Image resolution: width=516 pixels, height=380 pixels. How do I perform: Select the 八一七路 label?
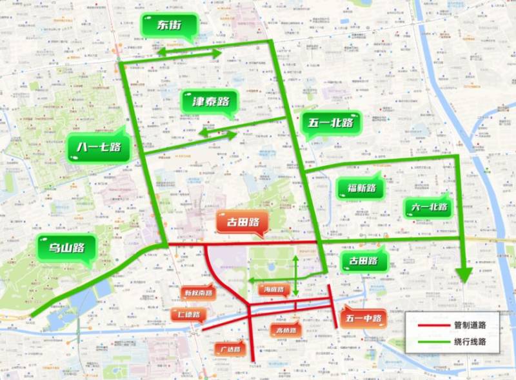coord(98,147)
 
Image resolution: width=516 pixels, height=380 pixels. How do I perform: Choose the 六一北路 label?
coord(428,207)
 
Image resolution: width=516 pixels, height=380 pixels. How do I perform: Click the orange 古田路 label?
coord(241,223)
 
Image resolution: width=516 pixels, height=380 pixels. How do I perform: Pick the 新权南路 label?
coord(198,292)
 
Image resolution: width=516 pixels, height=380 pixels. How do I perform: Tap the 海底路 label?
coord(274,290)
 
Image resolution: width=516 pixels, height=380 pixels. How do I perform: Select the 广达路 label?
coord(230,349)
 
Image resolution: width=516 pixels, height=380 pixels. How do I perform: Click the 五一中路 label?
coord(362,318)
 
